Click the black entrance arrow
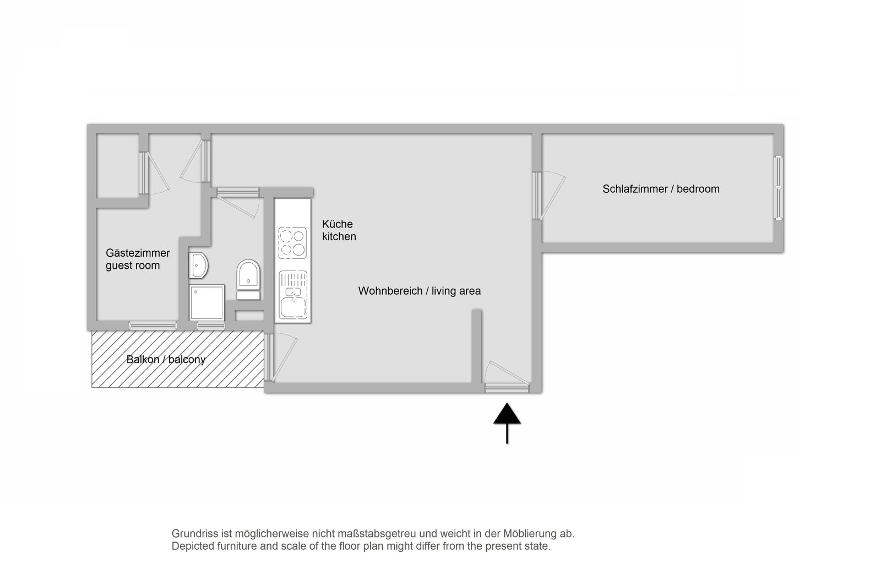[507, 423]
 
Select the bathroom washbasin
[198, 266]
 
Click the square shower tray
[207, 302]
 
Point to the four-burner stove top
[292, 243]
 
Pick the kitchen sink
[292, 295]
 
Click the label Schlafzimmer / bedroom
[661, 189]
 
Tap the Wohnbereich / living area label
[419, 291]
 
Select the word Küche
[338, 224]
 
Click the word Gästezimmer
[138, 253]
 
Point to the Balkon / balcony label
[166, 359]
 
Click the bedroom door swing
[550, 195]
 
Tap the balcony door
[281, 358]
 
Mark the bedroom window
[779, 188]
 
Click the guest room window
[153, 326]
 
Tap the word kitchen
[339, 236]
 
